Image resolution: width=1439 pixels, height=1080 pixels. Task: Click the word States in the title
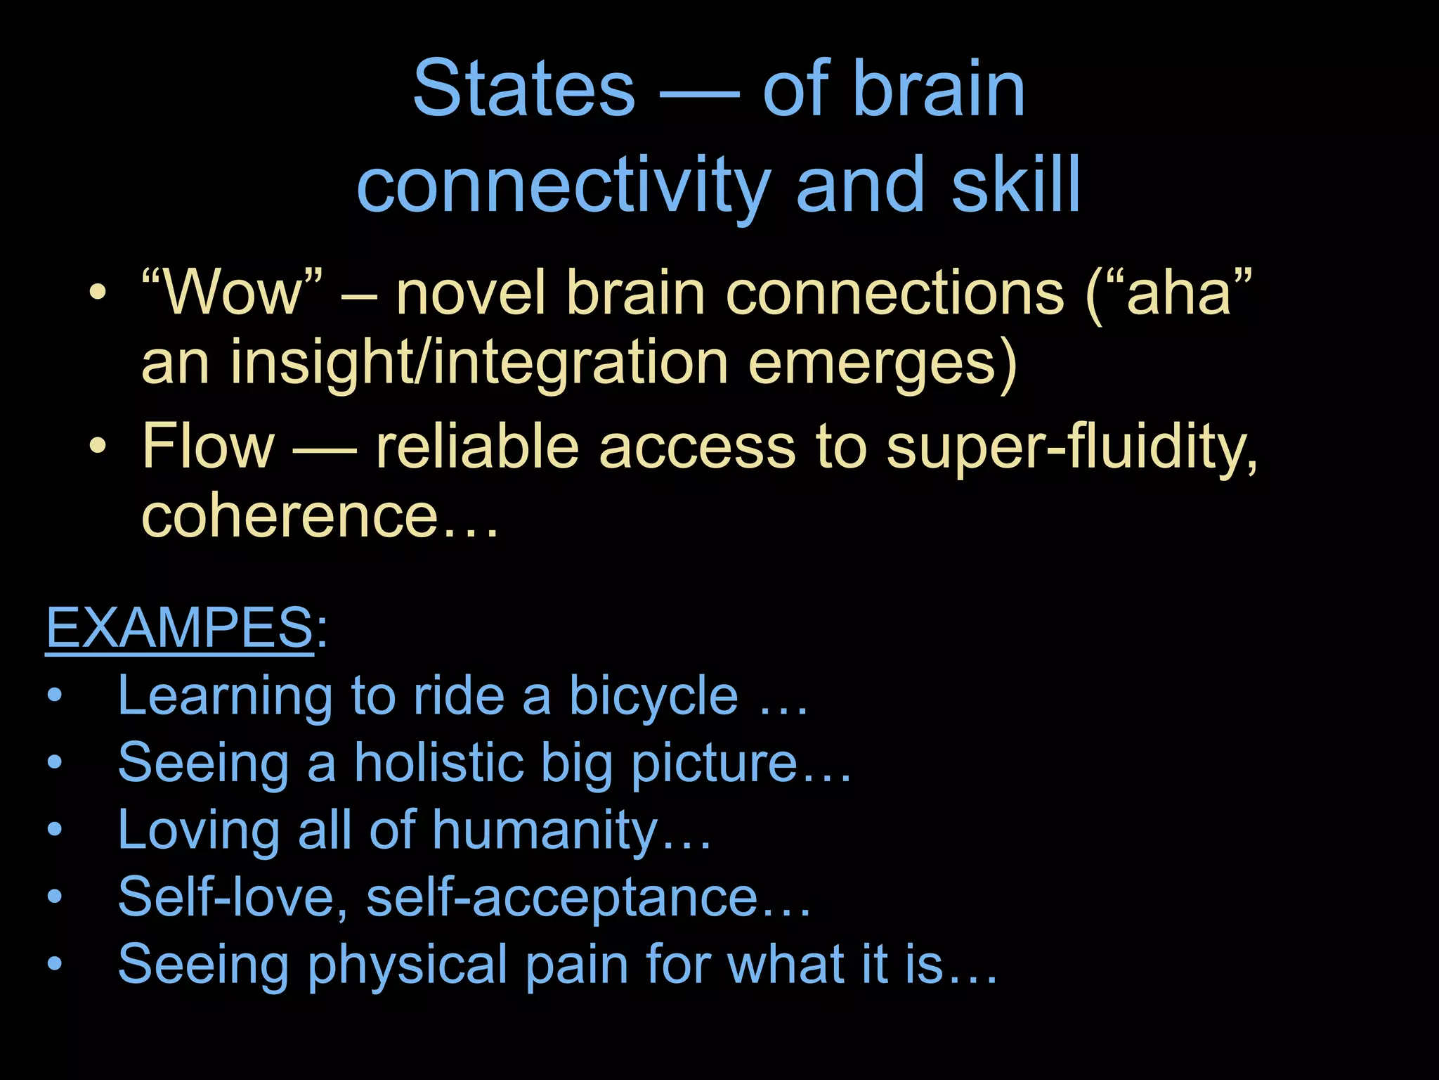pos(523,89)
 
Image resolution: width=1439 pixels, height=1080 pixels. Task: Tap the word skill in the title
pos(1015,184)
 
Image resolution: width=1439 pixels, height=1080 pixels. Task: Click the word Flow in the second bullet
pos(208,446)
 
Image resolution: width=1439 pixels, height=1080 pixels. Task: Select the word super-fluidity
pos(1072,446)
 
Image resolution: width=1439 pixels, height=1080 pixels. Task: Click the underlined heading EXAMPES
pos(179,627)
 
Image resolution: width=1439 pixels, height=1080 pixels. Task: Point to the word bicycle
pos(653,696)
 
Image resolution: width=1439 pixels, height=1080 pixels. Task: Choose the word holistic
pos(439,763)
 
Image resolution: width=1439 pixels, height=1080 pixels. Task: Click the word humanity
pos(545,830)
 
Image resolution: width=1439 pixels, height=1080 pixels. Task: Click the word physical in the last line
pos(407,965)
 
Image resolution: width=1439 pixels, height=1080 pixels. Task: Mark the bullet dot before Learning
pos(55,697)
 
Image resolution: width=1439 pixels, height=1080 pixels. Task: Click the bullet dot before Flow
pos(98,446)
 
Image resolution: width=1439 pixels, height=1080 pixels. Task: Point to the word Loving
pos(199,830)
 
